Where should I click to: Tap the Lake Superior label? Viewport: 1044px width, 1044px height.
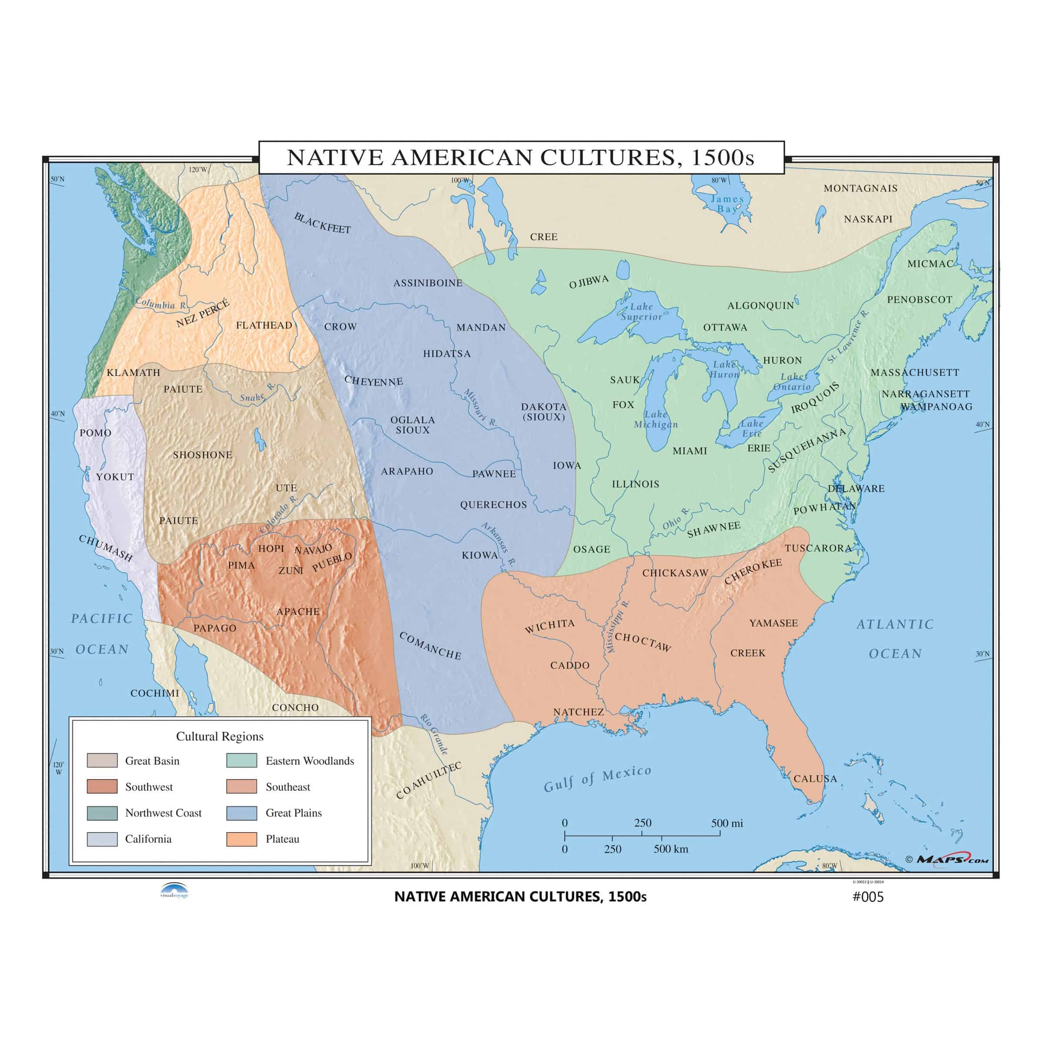(642, 312)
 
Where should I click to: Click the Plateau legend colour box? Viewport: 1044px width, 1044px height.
(241, 839)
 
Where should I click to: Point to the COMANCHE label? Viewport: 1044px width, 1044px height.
(430, 646)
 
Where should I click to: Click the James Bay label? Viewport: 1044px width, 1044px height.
(727, 204)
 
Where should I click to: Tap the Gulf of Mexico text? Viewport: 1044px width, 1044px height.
(597, 779)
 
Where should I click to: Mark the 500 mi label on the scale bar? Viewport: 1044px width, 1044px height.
(726, 823)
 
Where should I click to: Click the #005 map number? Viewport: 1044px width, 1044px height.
(868, 897)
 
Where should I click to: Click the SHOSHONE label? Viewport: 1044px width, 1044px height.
(203, 455)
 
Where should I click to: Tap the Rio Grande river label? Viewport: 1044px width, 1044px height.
(434, 734)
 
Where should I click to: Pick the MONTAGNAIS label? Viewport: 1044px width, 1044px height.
(860, 188)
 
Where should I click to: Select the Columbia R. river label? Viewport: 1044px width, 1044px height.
(161, 304)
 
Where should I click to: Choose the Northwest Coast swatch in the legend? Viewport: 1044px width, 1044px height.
(102, 813)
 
